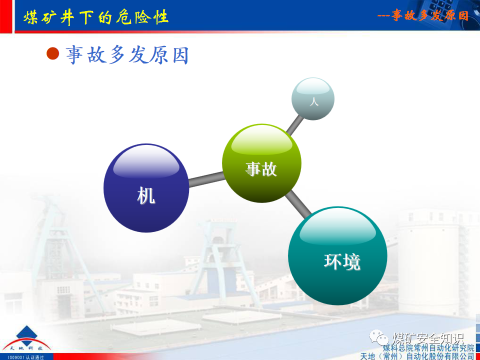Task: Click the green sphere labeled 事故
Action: [261, 162]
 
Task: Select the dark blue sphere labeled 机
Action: [146, 188]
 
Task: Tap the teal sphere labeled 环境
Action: [337, 255]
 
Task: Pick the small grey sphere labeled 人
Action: [313, 99]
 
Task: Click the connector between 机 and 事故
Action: [205, 178]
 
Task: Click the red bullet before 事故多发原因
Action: [53, 53]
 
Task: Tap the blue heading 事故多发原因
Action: [127, 55]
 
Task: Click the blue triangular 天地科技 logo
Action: [29, 337]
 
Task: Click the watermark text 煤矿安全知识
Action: [428, 337]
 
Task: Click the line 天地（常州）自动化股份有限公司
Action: [417, 356]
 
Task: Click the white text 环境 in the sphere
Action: [342, 261]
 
